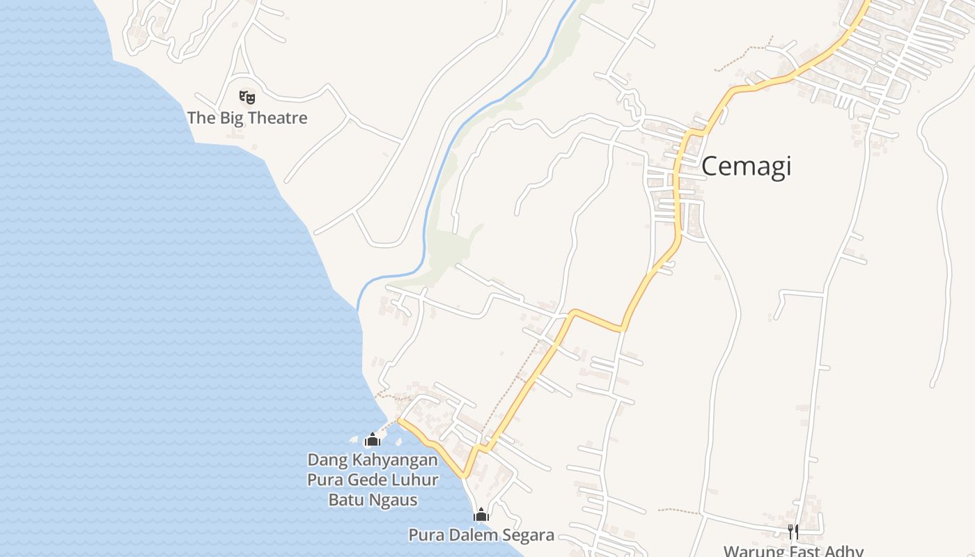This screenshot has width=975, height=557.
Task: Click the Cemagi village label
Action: click(x=746, y=167)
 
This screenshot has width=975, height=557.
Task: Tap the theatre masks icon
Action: click(x=247, y=97)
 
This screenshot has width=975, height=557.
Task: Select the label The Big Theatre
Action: click(x=247, y=118)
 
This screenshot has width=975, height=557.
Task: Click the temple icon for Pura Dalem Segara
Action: click(x=481, y=515)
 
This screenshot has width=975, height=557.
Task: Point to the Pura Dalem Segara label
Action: click(x=481, y=535)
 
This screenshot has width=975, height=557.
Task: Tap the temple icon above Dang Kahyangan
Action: click(x=373, y=439)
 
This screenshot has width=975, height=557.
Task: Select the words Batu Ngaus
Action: click(x=373, y=499)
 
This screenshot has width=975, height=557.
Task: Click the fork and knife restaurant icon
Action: click(x=793, y=532)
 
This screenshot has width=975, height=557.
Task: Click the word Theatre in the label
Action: click(x=277, y=118)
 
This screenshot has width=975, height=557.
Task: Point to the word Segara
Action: click(x=529, y=535)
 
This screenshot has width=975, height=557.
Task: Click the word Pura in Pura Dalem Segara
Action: click(x=423, y=535)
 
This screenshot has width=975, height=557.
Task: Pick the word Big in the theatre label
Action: click(x=231, y=118)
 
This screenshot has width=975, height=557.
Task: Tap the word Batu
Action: click(x=345, y=499)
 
